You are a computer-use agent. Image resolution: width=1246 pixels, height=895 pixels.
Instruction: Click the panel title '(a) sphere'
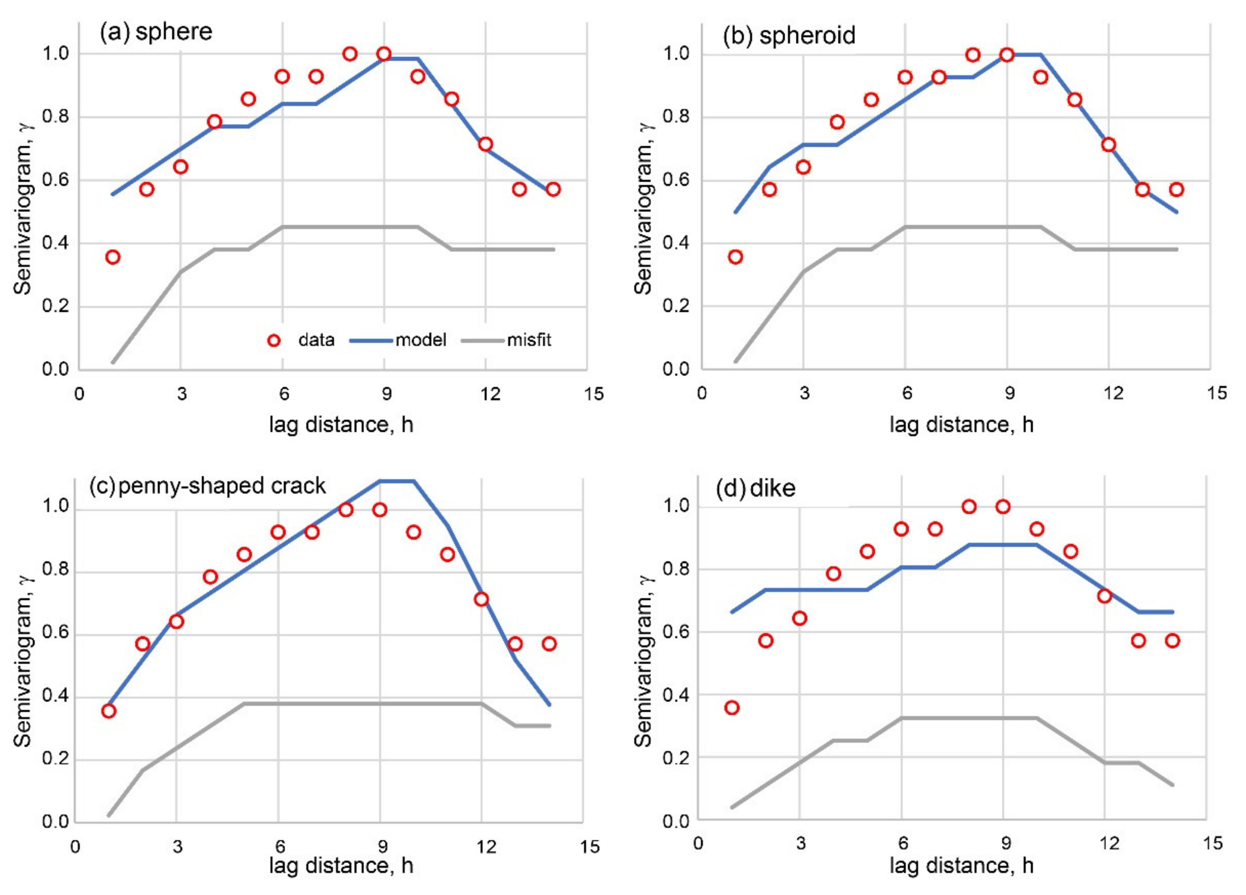pyautogui.click(x=156, y=32)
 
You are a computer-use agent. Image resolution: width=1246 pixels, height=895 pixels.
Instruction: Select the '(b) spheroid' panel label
pyautogui.click(x=789, y=36)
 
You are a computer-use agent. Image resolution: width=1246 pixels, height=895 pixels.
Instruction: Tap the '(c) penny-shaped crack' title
pyautogui.click(x=207, y=486)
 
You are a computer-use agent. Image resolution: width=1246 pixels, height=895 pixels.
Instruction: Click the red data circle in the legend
pyautogui.click(x=274, y=341)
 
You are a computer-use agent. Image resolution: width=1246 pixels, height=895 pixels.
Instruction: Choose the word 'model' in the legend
pyautogui.click(x=421, y=340)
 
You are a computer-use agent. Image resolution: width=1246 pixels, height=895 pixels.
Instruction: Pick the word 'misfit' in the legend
pyautogui.click(x=529, y=340)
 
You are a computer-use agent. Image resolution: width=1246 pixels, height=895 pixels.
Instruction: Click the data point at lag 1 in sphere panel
pyautogui.click(x=113, y=257)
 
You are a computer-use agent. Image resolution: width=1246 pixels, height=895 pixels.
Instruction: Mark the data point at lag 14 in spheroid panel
pyautogui.click(x=1176, y=190)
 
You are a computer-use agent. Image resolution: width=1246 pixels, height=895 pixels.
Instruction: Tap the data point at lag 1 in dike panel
pyautogui.click(x=732, y=707)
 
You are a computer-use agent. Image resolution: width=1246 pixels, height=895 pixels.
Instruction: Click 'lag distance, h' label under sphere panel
pyautogui.click(x=340, y=425)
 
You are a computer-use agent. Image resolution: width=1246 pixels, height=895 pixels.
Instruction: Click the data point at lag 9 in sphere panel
pyautogui.click(x=384, y=54)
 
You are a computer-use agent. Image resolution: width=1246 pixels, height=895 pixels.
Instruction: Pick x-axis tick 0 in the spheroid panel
pyautogui.click(x=702, y=394)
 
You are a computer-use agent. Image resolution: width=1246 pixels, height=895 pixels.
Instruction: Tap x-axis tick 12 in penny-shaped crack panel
pyautogui.click(x=485, y=846)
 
